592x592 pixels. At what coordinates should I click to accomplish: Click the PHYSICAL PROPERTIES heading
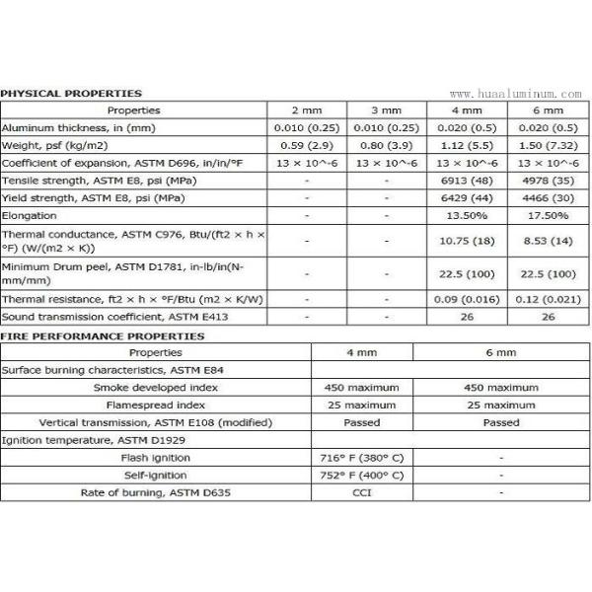point(71,94)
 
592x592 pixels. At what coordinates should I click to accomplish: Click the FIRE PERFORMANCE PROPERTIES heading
point(103,336)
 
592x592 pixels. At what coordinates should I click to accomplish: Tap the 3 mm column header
point(386,111)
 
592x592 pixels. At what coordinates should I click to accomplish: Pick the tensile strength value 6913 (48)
point(467,182)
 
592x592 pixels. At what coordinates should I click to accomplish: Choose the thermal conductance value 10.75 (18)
point(467,240)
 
